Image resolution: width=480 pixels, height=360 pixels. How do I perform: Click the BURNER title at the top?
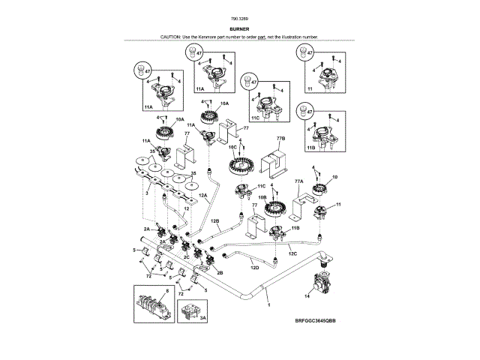click(x=240, y=29)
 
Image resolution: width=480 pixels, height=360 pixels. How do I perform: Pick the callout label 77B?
click(x=280, y=139)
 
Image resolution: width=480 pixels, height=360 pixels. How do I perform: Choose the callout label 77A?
click(x=298, y=181)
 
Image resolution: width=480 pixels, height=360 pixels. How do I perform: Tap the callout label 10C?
click(x=232, y=148)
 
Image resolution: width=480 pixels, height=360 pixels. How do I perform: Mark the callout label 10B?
click(x=263, y=198)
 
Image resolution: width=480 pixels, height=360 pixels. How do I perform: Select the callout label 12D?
click(x=254, y=267)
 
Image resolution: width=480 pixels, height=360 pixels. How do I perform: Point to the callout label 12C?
click(x=292, y=253)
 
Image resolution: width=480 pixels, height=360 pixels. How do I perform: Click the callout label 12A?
click(x=202, y=196)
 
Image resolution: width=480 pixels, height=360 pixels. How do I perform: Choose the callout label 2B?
click(x=220, y=273)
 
